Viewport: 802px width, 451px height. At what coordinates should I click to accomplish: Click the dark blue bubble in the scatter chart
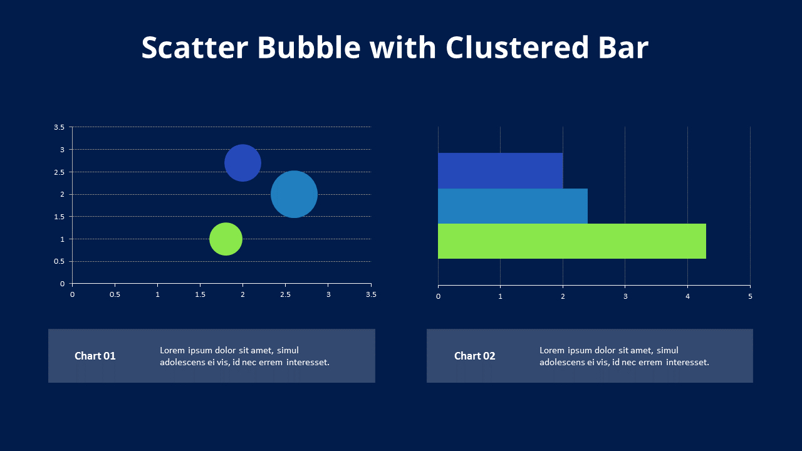pos(242,163)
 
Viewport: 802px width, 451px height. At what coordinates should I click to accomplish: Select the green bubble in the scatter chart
pos(226,239)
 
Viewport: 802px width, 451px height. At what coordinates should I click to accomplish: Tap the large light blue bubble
pos(294,194)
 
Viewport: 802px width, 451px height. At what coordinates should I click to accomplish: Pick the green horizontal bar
pos(571,241)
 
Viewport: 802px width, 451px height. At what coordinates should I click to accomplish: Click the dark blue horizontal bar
pos(500,170)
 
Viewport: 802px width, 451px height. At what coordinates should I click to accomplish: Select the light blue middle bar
pos(513,206)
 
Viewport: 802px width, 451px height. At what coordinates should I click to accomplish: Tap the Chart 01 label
pos(95,356)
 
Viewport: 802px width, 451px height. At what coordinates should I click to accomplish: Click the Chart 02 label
pos(474,356)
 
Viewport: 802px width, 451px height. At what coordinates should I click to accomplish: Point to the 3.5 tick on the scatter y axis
pos(59,127)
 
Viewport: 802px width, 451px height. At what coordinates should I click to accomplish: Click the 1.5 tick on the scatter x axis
pos(200,294)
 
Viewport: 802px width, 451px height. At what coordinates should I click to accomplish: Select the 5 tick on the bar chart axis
pos(750,296)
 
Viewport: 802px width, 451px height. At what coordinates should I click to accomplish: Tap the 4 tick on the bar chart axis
pos(687,296)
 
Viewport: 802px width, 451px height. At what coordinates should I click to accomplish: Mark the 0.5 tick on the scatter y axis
pos(59,261)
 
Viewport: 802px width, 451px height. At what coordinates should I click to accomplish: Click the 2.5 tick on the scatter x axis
pos(285,294)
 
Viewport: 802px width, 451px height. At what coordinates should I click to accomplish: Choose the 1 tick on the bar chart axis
pos(500,296)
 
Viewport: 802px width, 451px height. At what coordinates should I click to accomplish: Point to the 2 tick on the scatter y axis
pos(62,194)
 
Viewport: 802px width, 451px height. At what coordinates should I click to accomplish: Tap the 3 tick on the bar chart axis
pos(625,296)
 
